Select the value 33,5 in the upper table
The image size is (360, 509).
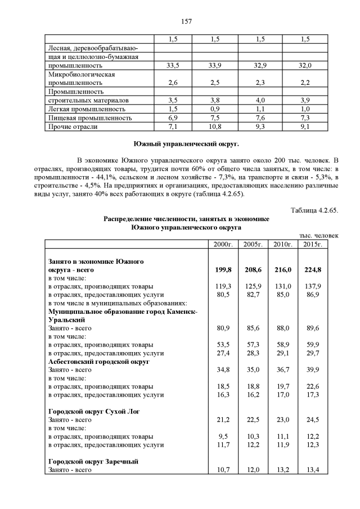click(x=173, y=66)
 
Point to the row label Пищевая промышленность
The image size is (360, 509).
click(x=90, y=118)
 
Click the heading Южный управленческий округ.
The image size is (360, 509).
click(x=186, y=144)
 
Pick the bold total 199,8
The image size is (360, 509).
click(x=223, y=270)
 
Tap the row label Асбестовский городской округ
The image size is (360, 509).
click(x=98, y=362)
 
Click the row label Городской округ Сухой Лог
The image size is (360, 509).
click(x=94, y=412)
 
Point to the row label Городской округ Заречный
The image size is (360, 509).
click(x=93, y=462)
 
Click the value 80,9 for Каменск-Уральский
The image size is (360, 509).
click(x=223, y=328)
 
